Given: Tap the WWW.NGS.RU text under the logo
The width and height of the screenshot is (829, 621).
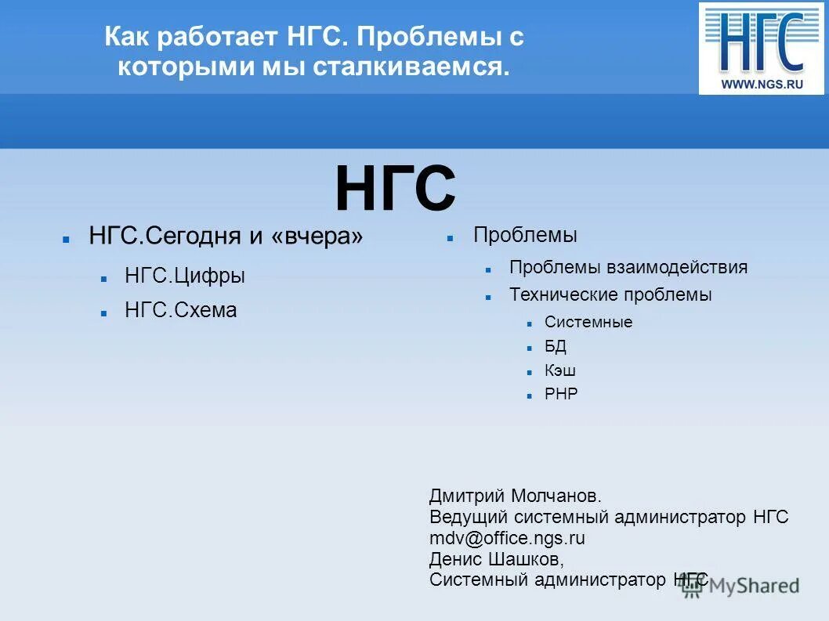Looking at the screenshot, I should coord(762,84).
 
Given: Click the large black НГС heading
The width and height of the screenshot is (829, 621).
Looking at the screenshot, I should coord(395,190).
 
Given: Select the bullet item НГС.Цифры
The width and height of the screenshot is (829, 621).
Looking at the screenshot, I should coord(185,276).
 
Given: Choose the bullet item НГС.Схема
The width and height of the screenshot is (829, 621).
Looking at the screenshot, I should coord(181,310).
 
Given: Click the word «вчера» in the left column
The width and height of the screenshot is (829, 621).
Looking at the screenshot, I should coord(317,236).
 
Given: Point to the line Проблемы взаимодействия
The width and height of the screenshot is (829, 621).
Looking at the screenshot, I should coord(628,267).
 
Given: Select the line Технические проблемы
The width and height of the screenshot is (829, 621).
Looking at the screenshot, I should coord(610,295).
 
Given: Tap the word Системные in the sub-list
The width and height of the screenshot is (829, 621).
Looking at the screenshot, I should coord(588,322).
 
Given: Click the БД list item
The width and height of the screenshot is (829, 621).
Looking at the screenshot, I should coord(556,346).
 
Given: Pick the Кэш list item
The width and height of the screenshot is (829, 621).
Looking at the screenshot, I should coord(560,370).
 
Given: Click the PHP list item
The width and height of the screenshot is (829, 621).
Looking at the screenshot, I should coord(561,394).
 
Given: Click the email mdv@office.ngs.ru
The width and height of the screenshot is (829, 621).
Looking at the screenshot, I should coord(507,538).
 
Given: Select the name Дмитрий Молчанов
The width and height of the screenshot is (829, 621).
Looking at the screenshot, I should coord(515,496).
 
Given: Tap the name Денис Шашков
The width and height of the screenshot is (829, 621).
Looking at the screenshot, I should coord(495,559).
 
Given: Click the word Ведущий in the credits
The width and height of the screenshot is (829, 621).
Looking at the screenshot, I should coord(469,517).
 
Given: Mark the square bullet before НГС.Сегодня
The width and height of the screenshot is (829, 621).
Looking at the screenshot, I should coord(67,237).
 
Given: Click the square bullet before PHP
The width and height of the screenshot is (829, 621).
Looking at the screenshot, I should coord(530,395).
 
